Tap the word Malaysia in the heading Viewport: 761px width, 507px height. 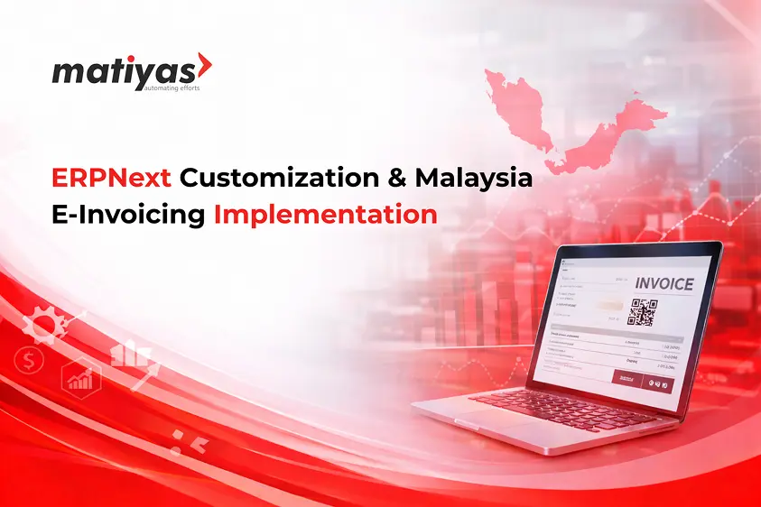[x=473, y=177]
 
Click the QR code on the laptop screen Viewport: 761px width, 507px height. [x=643, y=311]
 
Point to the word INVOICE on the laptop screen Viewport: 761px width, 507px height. [x=664, y=283]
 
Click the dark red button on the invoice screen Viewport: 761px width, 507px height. [x=626, y=378]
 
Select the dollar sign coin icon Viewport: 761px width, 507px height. [x=29, y=362]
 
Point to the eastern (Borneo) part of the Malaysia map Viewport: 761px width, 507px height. [x=623, y=126]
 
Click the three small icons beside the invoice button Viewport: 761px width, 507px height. [x=661, y=381]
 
